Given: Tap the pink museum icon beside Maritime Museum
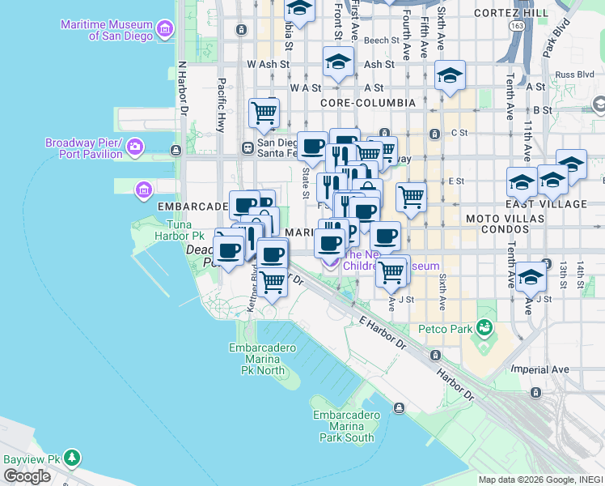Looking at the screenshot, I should tap(165, 30).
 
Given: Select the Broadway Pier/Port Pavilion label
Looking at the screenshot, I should tap(83, 147).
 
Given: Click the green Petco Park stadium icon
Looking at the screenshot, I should tap(484, 328).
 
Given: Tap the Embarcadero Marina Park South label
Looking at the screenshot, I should tap(346, 426).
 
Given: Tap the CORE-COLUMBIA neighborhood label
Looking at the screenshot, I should tap(368, 103).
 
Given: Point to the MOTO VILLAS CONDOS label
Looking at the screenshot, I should tap(497, 224).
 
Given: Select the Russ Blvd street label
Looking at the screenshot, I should tap(574, 75).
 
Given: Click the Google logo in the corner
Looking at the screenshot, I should tap(27, 475).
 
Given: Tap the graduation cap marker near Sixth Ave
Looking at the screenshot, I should tap(450, 77).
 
